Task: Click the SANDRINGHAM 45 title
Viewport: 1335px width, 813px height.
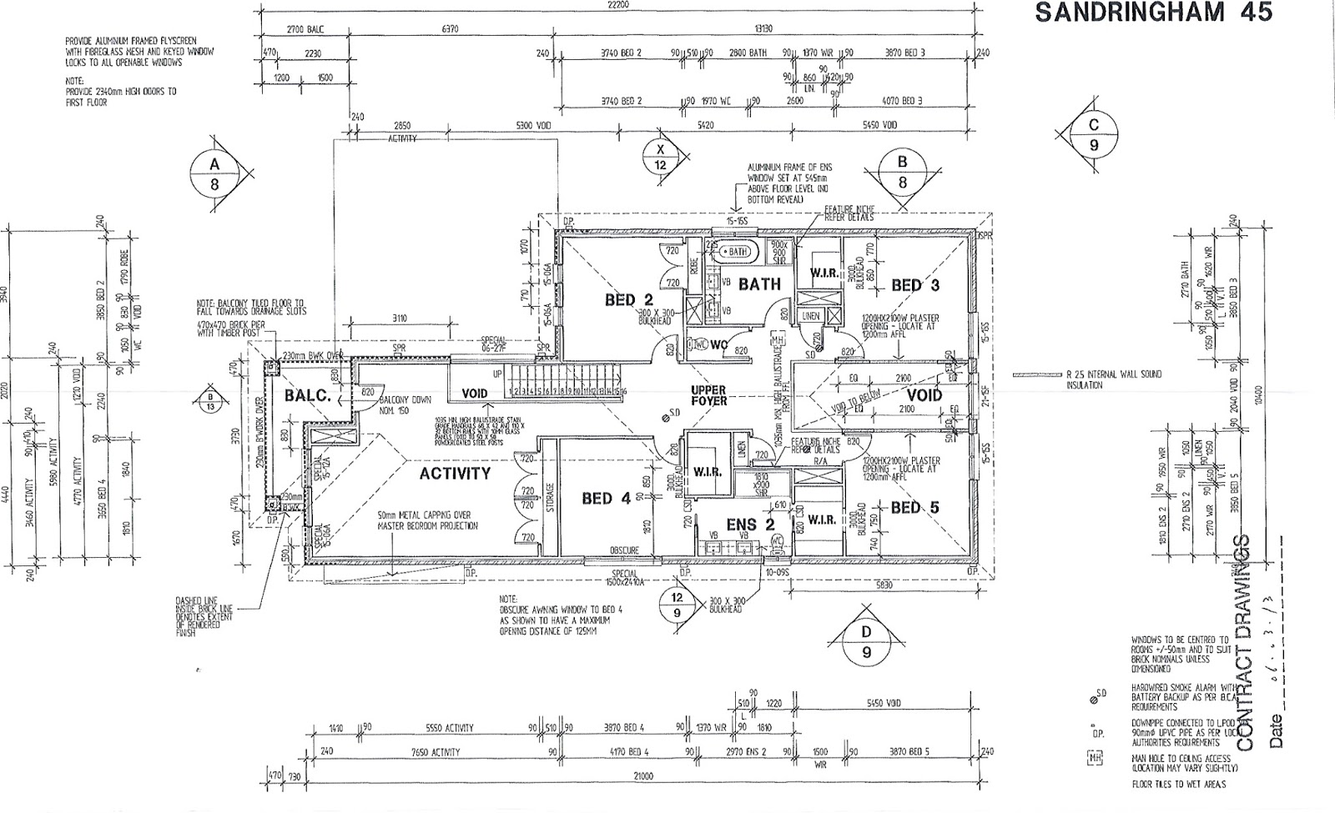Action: tap(1153, 13)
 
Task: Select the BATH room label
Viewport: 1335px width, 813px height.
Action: tap(759, 284)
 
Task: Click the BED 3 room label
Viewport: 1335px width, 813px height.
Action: tap(915, 285)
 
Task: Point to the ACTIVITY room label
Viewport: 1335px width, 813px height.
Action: tap(455, 474)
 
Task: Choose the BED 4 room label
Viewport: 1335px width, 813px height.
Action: tap(606, 499)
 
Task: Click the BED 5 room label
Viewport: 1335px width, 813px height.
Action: tap(914, 507)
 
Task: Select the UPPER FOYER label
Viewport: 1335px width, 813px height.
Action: tap(708, 395)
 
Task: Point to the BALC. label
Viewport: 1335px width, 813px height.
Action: tap(308, 395)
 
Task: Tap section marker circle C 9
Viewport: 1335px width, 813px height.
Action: tap(1094, 135)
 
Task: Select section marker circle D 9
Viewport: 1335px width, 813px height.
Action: tap(867, 642)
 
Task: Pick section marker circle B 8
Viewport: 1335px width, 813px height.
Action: tap(902, 172)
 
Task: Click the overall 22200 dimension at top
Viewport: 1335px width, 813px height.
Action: tap(618, 5)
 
